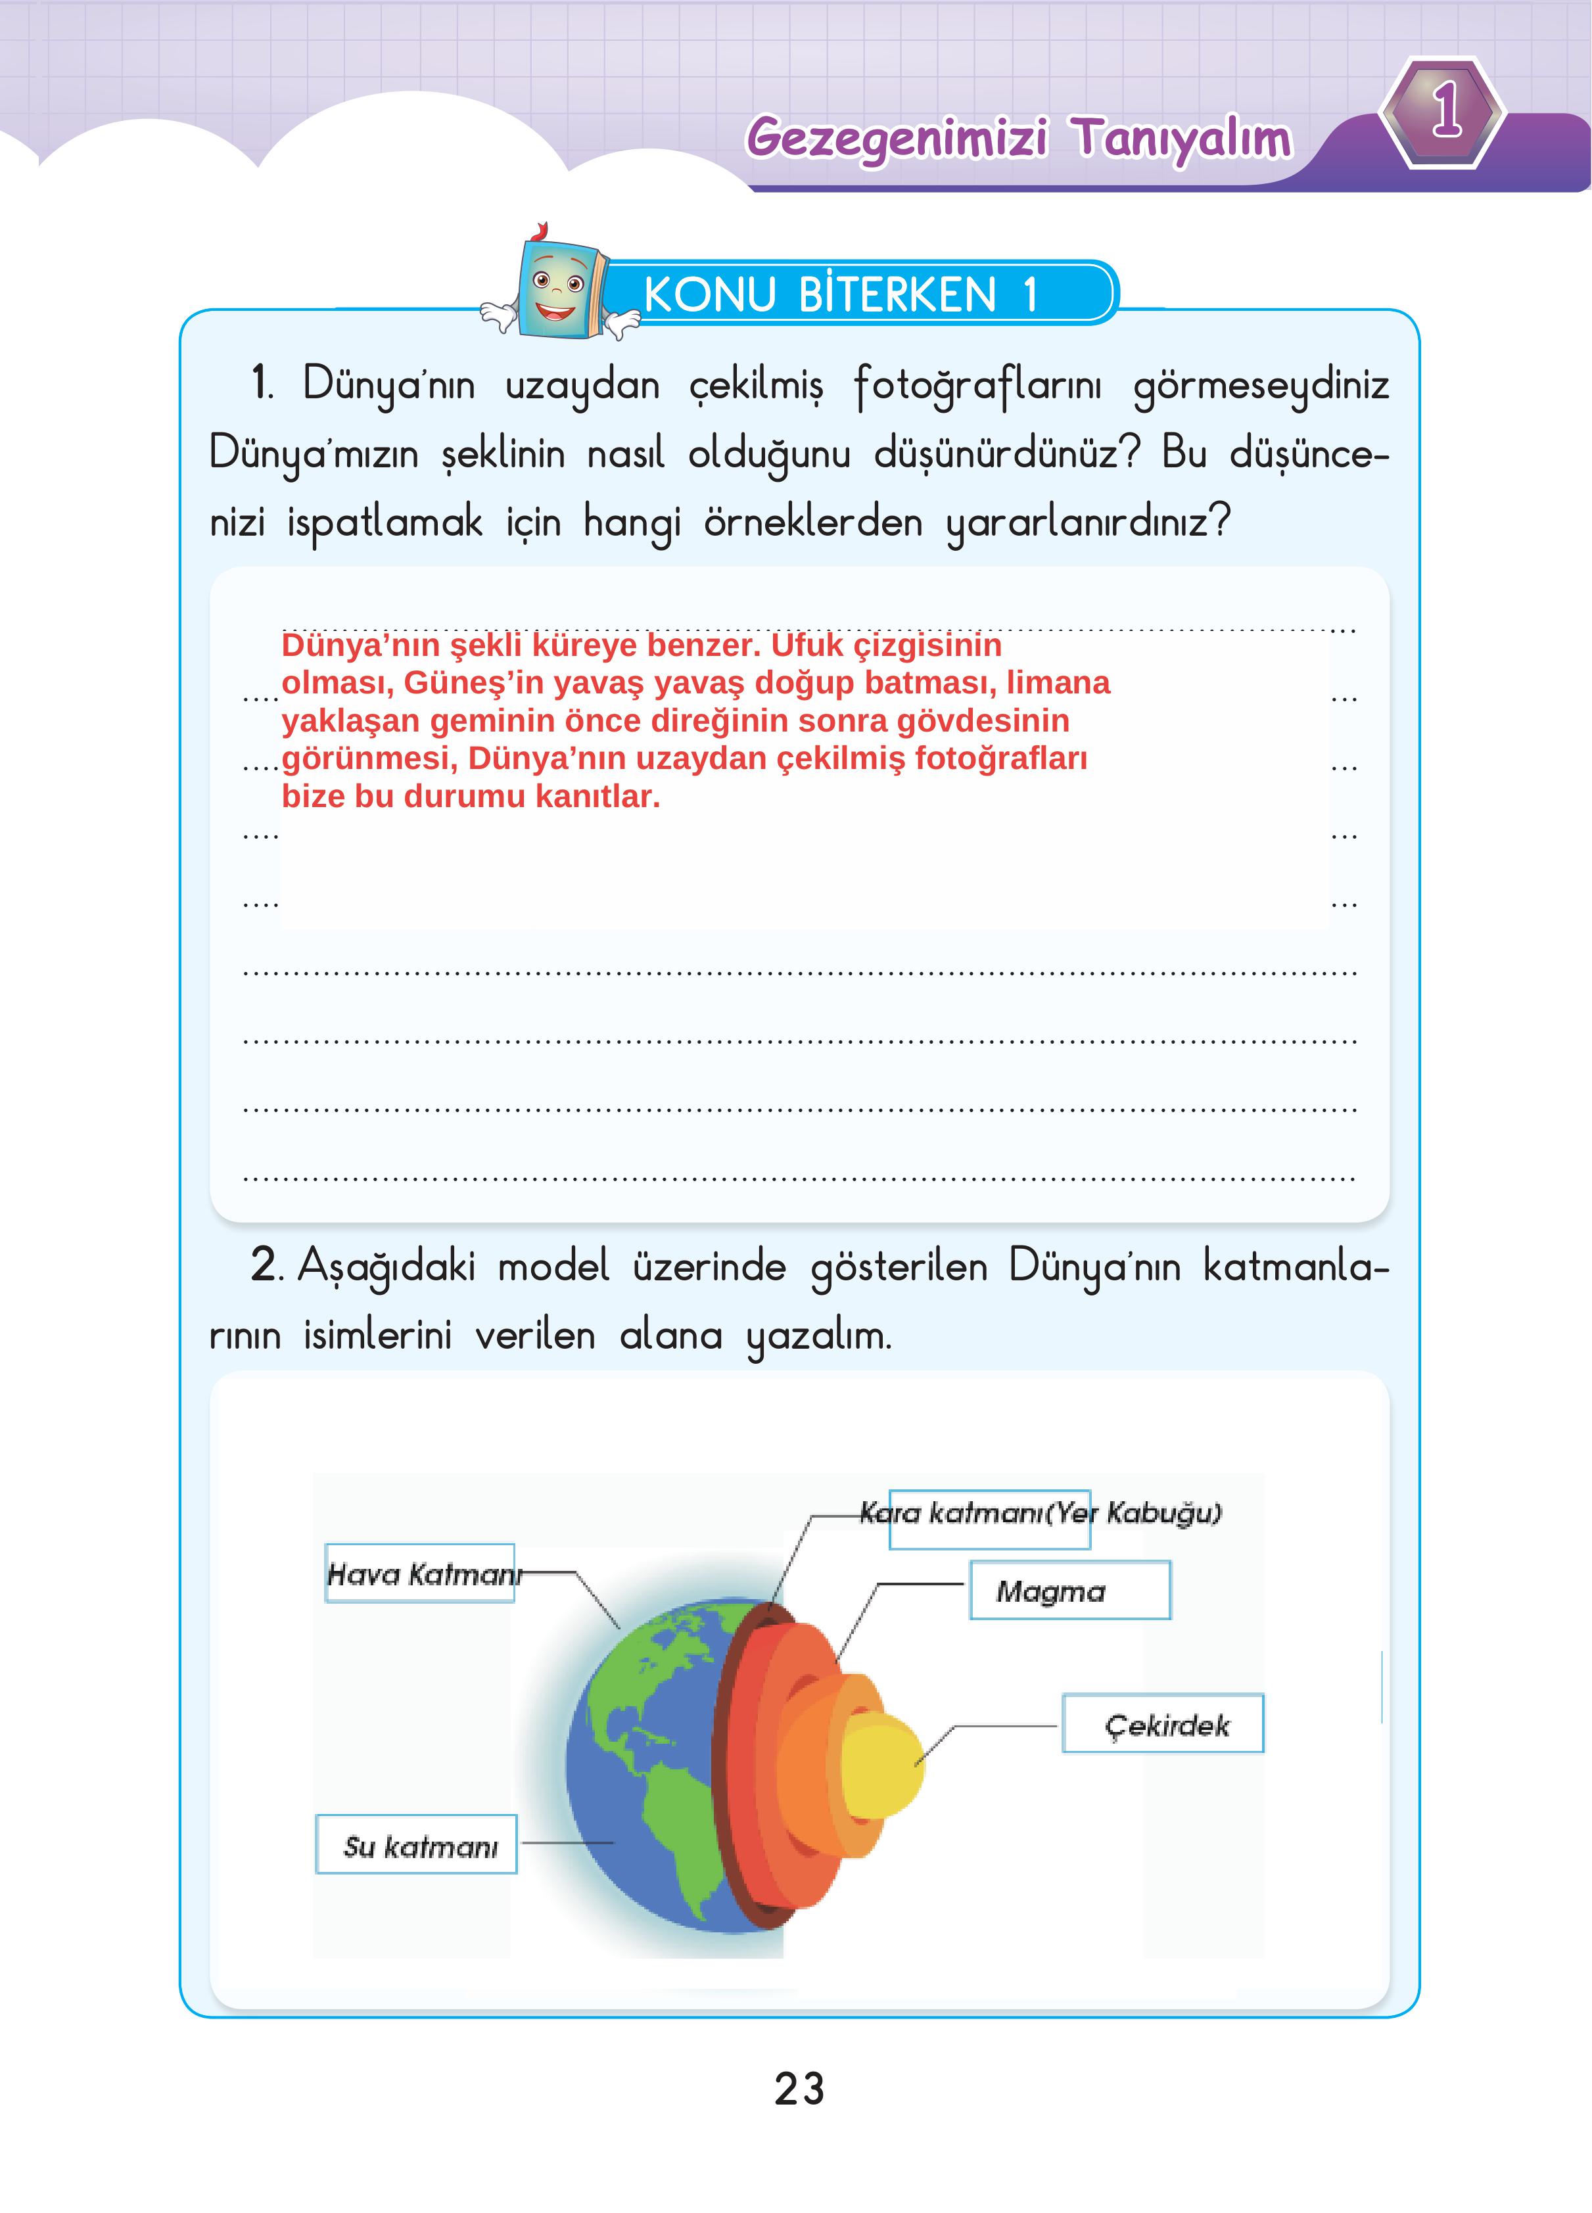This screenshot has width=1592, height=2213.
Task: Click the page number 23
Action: [x=799, y=2091]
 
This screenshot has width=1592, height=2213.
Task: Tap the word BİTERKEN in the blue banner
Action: [x=897, y=294]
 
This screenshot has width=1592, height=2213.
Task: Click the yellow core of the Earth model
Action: [x=881, y=1766]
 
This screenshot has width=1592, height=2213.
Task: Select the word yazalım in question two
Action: [x=818, y=1335]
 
